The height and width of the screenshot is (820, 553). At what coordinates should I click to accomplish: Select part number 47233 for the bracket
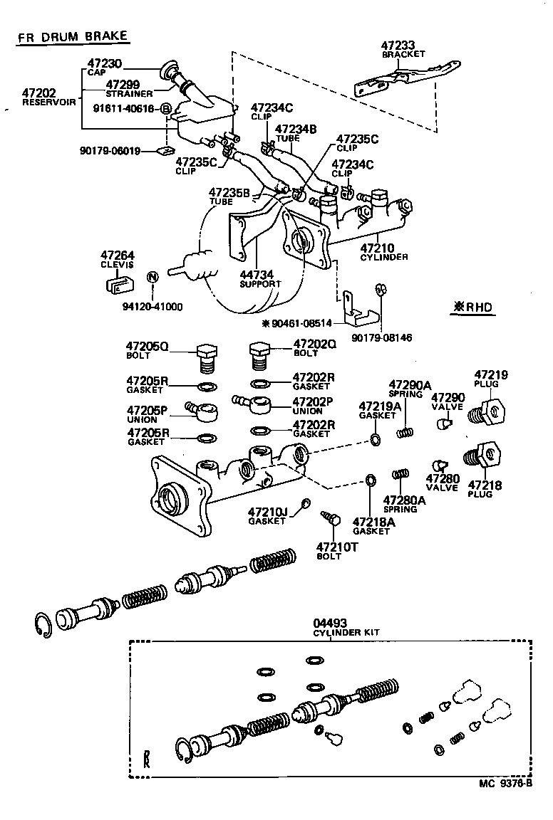point(403,45)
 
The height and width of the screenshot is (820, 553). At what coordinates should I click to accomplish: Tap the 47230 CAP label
point(105,67)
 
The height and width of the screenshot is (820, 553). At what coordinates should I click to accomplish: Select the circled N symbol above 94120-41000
point(152,277)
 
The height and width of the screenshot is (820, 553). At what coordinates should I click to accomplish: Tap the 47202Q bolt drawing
point(260,354)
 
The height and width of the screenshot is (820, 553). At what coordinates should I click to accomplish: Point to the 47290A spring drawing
point(405,431)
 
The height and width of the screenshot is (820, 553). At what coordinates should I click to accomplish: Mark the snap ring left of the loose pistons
point(45,624)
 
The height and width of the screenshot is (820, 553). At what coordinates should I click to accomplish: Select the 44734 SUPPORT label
point(259,278)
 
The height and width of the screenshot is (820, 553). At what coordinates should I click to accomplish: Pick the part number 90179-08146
point(381,337)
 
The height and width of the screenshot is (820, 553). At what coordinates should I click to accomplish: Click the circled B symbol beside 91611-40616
point(165,108)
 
